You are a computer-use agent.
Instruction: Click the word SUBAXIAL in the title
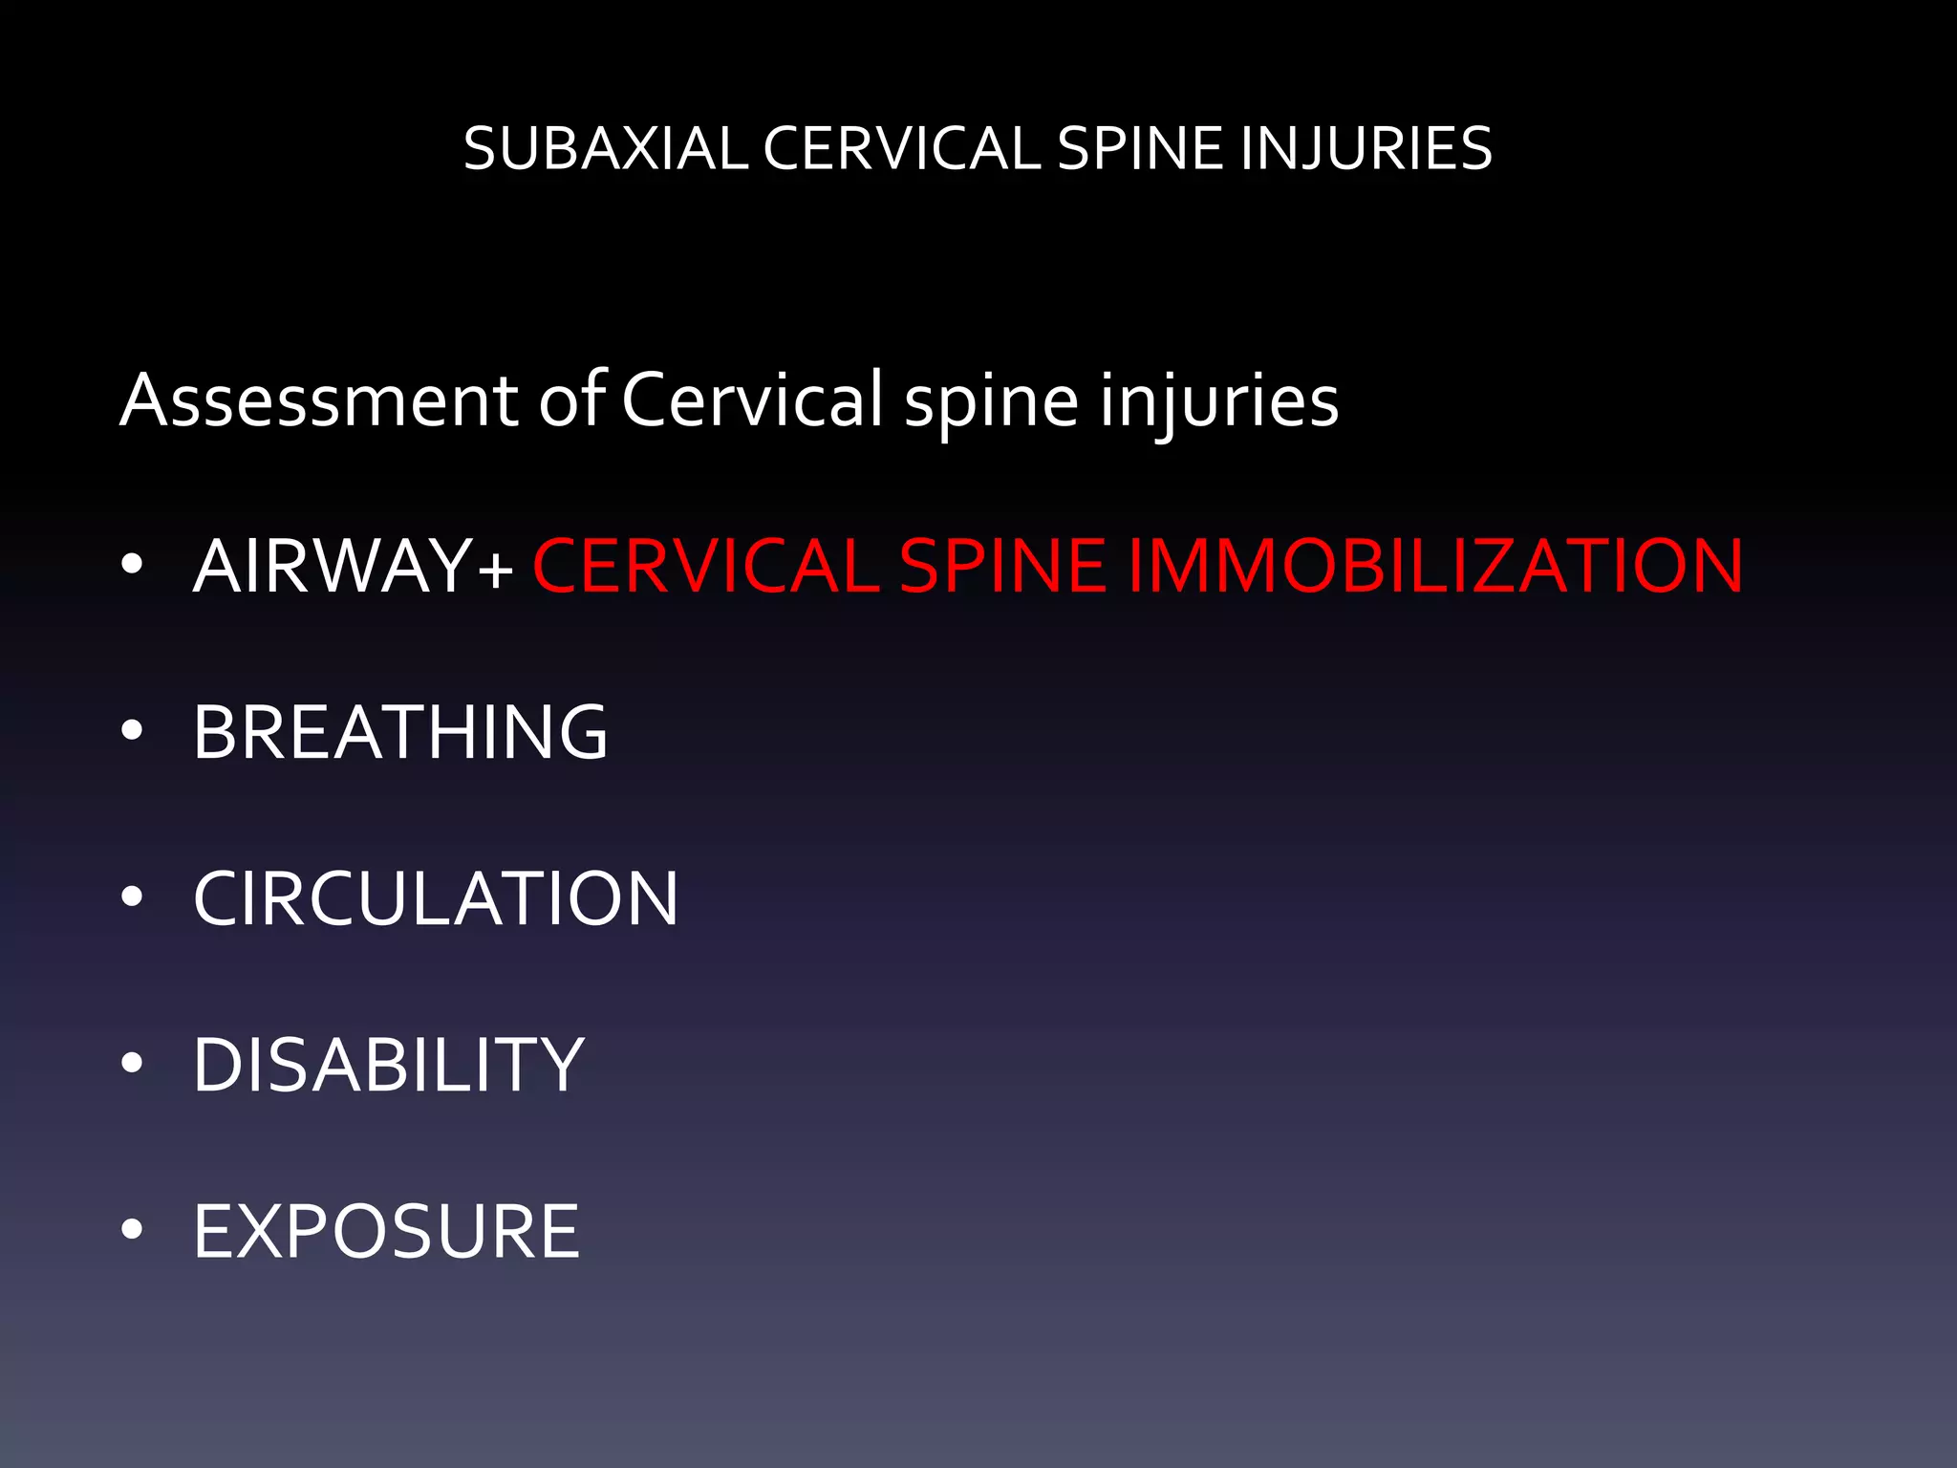[605, 149]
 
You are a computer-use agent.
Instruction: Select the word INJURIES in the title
[1366, 149]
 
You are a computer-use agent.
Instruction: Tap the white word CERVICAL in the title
[901, 149]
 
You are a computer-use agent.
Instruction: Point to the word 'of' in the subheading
[571, 399]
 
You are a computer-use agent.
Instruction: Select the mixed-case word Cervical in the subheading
[753, 399]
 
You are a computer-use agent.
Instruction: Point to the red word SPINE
[1002, 566]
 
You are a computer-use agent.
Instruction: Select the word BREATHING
[400, 732]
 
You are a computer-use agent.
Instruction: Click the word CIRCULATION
[436, 898]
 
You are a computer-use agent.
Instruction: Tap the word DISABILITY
[388, 1065]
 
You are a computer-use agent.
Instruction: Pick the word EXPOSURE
[386, 1231]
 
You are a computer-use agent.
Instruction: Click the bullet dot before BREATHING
[132, 732]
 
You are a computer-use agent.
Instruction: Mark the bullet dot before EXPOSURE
[132, 1230]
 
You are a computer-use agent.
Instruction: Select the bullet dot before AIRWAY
[132, 565]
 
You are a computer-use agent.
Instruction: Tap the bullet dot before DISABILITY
[132, 1064]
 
